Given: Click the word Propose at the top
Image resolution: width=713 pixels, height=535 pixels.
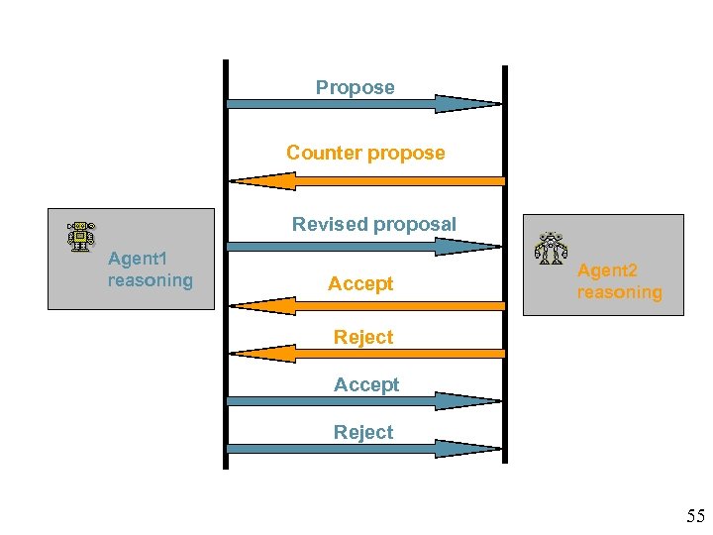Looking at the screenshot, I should pos(355,87).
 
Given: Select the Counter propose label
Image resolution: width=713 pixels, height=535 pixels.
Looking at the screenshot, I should pos(365,153).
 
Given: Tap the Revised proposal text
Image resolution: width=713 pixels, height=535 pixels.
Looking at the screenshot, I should pos(373,224).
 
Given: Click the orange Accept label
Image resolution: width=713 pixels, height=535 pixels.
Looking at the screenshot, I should pos(360,283).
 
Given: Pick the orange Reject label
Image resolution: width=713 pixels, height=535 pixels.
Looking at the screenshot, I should pos(362,337).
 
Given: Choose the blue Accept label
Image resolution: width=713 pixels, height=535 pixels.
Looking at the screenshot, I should pos(366,384).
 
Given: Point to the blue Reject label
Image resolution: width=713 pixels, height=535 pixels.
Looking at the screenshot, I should pos(362,432).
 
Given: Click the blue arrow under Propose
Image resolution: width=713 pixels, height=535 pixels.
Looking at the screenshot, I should pos(364,103).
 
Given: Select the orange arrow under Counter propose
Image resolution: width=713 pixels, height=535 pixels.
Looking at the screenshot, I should pos(365,180).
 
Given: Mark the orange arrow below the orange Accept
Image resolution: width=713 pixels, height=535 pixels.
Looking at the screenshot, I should pos(365,305).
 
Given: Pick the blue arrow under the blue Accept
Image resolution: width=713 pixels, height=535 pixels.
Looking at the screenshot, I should pos(364,401).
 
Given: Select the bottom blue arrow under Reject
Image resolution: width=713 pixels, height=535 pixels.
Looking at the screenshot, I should pos(364,449).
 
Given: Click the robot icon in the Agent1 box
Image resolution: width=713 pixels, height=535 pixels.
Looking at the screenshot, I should pos(81,237).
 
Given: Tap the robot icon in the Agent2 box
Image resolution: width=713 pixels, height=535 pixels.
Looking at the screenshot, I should pos(550,249).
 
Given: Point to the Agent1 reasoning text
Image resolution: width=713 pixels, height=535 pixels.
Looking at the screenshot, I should pos(150,269).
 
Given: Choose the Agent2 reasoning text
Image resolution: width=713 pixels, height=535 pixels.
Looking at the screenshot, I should pos(620,281).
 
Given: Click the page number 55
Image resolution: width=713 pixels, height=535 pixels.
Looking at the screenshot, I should pos(695,515).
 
